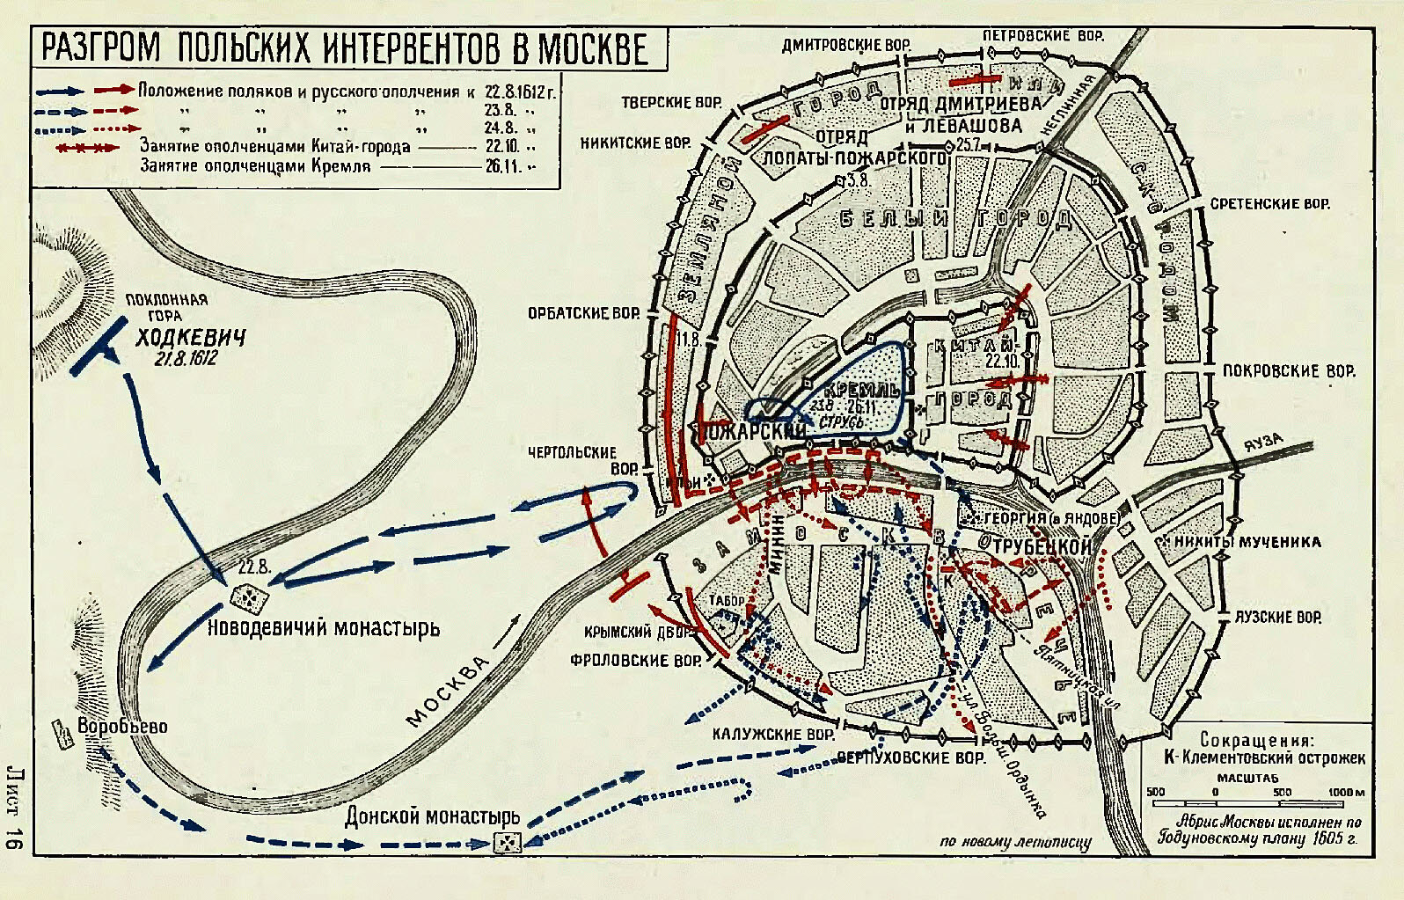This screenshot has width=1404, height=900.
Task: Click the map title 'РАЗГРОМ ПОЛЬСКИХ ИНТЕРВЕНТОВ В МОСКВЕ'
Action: pyautogui.click(x=345, y=49)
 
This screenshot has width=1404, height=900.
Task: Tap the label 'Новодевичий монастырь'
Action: pyautogui.click(x=323, y=628)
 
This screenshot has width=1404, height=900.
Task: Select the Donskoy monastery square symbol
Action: pyautogui.click(x=508, y=842)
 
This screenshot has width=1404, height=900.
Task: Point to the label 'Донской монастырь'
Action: pyautogui.click(x=432, y=816)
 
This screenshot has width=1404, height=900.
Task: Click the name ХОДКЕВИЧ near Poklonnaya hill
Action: pyautogui.click(x=190, y=338)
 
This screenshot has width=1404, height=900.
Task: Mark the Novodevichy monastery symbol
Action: pyautogui.click(x=249, y=597)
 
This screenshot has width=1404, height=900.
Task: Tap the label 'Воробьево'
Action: pyautogui.click(x=122, y=727)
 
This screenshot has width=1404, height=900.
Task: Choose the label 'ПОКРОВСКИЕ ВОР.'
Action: pyautogui.click(x=1289, y=371)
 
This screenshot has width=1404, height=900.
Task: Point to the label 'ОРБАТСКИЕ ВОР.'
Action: pyautogui.click(x=583, y=313)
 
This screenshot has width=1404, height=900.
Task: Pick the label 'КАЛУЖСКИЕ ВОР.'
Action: pyautogui.click(x=773, y=734)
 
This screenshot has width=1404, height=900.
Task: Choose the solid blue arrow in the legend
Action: pyautogui.click(x=60, y=91)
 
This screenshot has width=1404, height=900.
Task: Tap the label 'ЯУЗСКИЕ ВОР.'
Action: pyautogui.click(x=1277, y=618)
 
